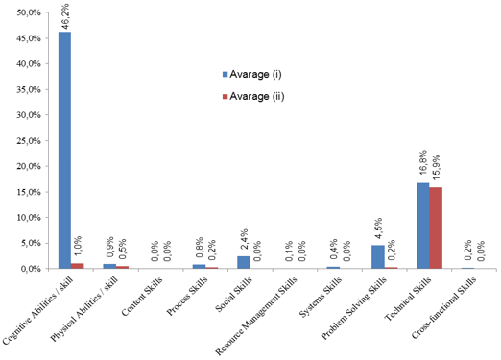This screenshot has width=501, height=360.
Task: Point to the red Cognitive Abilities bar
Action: point(78,266)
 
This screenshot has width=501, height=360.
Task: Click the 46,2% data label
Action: point(65,16)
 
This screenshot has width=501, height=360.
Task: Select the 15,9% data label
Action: point(437,169)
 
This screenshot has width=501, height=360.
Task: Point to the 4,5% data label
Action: point(378,229)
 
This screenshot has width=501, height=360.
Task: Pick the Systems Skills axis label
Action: point(320,298)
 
